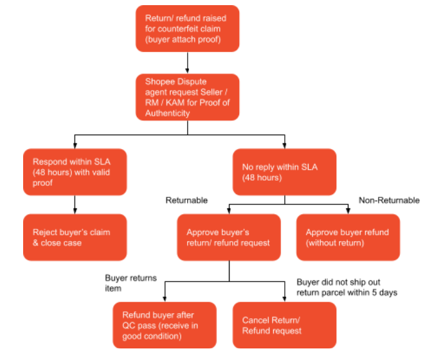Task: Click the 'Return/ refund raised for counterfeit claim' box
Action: [187, 28]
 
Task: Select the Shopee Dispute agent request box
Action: [187, 96]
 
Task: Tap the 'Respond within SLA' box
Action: [75, 172]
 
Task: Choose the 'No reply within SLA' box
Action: [284, 172]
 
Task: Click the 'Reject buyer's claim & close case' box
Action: [75, 238]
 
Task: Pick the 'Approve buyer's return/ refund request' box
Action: [229, 238]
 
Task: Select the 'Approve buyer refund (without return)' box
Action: [348, 238]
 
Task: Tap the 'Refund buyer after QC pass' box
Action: [165, 325]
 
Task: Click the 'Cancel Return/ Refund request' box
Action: [284, 325]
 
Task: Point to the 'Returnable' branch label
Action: [186, 201]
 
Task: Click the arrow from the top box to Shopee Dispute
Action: [187, 62]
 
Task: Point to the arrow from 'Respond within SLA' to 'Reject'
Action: [75, 204]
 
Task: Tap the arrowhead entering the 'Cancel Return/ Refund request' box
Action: [284, 299]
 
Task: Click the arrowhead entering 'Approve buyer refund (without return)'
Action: [348, 212]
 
